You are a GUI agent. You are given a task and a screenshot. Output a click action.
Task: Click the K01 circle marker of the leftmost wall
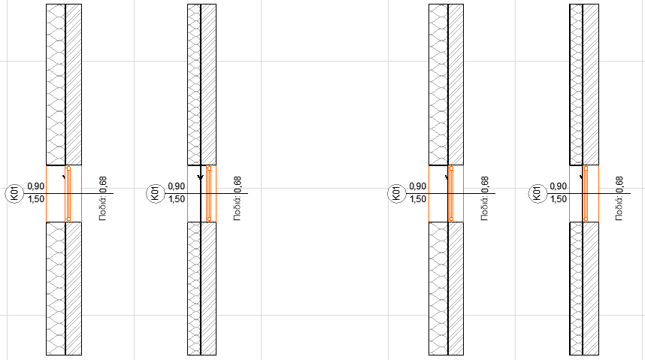click(15, 193)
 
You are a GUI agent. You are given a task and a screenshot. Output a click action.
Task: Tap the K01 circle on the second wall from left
click(156, 193)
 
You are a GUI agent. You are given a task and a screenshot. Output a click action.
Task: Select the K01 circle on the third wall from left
click(397, 193)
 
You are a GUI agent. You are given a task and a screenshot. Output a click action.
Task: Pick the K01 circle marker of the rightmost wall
click(537, 193)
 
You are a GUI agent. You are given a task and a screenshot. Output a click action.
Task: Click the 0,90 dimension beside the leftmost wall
click(36, 187)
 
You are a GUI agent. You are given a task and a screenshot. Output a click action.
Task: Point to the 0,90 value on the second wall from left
click(177, 187)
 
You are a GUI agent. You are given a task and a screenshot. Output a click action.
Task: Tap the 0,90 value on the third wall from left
click(418, 187)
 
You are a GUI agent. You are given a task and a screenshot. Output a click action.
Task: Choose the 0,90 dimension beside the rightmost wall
click(559, 187)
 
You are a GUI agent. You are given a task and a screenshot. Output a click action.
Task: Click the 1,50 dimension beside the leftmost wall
click(36, 200)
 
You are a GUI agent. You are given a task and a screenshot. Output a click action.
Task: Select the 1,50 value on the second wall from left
click(177, 200)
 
